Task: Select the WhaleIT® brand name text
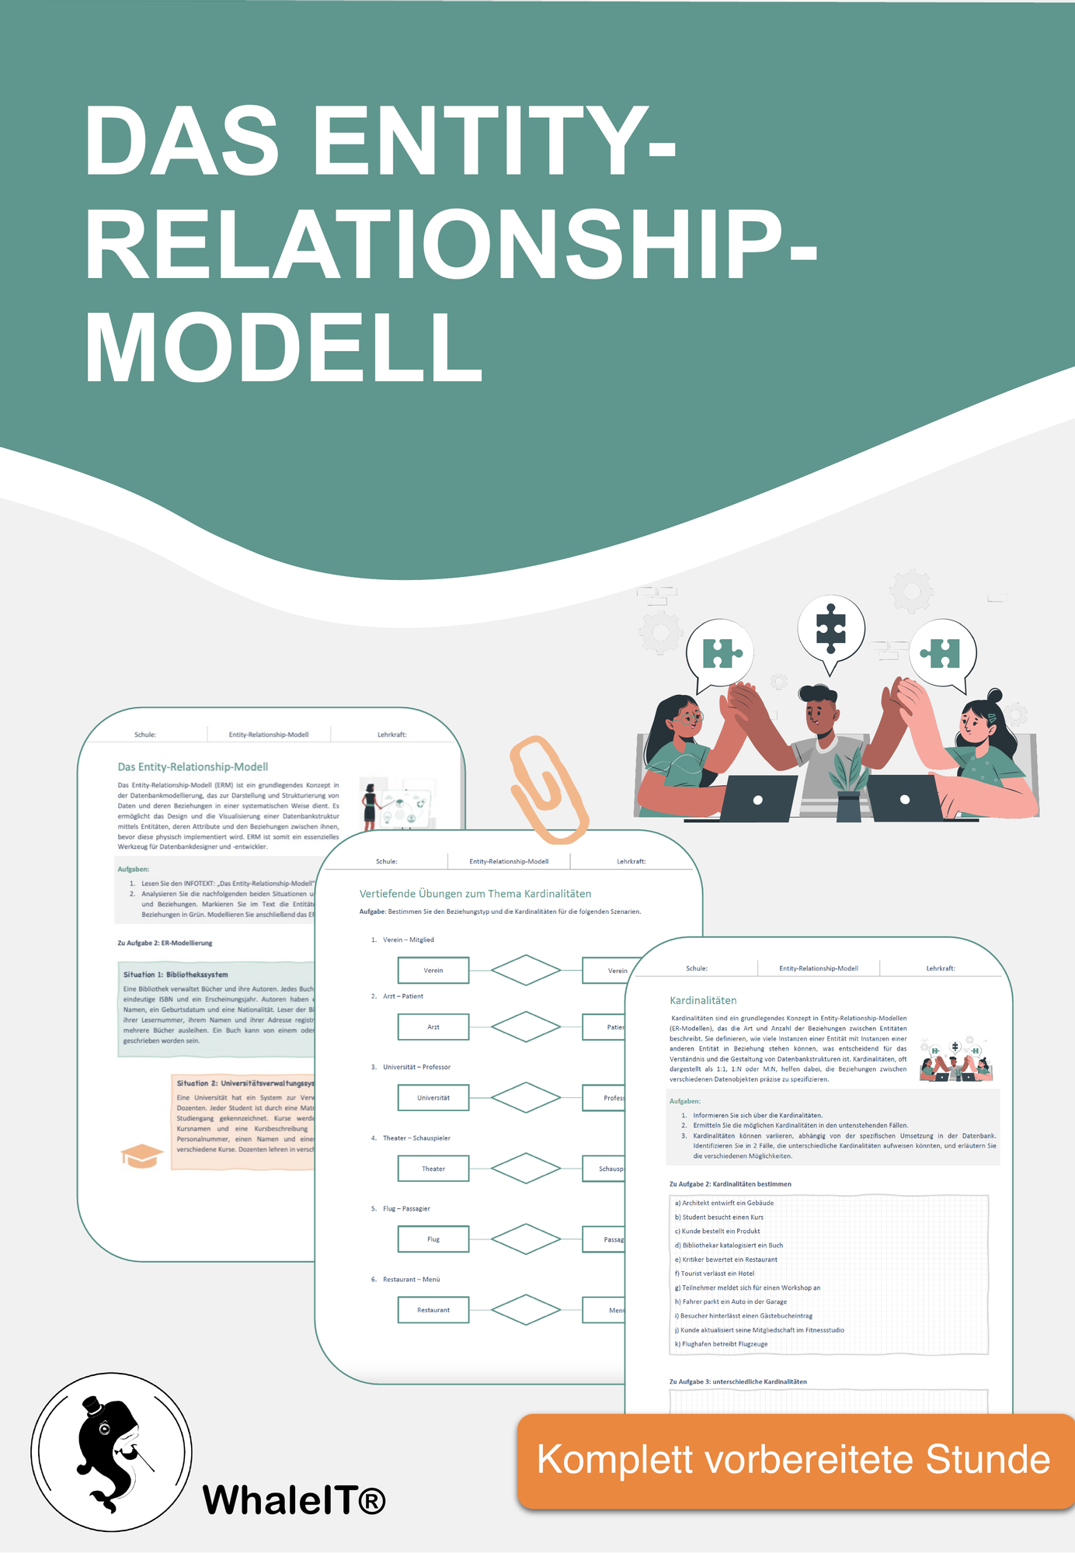click(x=294, y=1499)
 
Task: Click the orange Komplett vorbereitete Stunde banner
click(x=794, y=1460)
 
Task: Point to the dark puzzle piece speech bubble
click(x=830, y=629)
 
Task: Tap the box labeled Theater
click(x=433, y=1169)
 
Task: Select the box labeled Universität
click(x=433, y=1098)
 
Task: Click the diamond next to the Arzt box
click(x=526, y=1027)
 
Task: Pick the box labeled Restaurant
click(x=433, y=1310)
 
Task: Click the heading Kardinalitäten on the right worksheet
click(x=703, y=1000)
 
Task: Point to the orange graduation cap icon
click(x=141, y=1155)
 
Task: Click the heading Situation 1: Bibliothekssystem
click(x=176, y=974)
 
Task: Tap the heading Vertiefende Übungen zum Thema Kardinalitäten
click(x=475, y=894)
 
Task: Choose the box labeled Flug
click(x=433, y=1239)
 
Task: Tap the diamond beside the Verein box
click(x=526, y=970)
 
